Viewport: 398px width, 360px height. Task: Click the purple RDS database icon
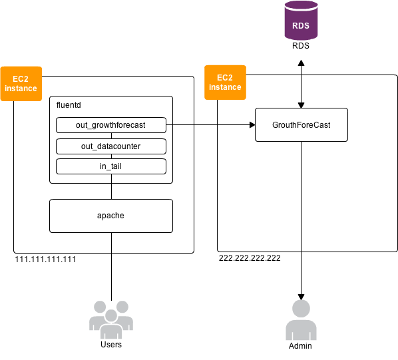301,21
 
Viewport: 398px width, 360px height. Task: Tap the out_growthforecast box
110,124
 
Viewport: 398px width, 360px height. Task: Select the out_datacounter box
110,146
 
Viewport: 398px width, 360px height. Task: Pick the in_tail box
110,166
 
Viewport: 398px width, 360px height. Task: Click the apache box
110,216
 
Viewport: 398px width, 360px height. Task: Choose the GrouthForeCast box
301,124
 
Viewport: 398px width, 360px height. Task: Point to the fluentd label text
69,105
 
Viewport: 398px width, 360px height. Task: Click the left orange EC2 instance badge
21,83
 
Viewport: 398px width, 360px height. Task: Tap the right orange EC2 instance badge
225,82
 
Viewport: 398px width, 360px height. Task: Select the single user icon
301,320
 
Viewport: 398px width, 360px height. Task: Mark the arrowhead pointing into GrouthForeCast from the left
252,124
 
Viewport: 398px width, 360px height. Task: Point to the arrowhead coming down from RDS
301,104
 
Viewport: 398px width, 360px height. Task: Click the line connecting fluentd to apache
111,191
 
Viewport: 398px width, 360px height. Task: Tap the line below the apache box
111,242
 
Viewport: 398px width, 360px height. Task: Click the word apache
110,216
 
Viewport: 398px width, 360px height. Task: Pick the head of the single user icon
301,309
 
